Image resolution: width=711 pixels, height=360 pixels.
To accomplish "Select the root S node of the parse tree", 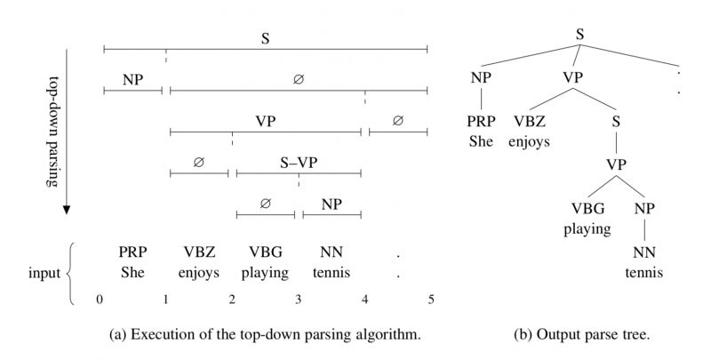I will click(x=579, y=36).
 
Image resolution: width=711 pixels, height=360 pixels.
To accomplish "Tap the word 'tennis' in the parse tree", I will click(x=643, y=272).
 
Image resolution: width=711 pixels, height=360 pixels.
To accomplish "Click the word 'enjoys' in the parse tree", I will click(x=530, y=140).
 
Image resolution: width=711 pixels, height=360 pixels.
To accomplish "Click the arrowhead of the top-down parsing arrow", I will click(x=66, y=212).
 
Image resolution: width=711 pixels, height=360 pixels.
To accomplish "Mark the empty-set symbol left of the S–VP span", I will click(x=198, y=163).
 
